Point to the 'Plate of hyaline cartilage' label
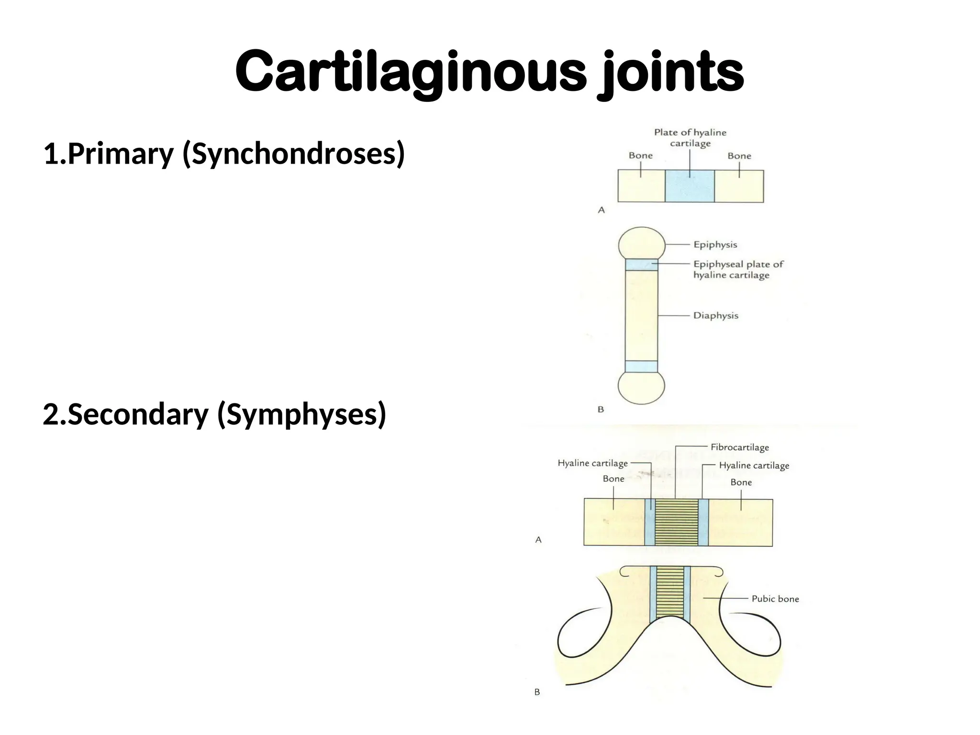pyautogui.click(x=690, y=138)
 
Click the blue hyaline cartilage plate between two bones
pyautogui.click(x=690, y=186)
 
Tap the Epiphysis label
pyautogui.click(x=715, y=245)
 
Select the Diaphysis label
pyautogui.click(x=715, y=316)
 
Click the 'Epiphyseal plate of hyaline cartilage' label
pyautogui.click(x=738, y=269)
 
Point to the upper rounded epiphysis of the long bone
pyautogui.click(x=641, y=243)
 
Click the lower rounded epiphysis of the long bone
pyautogui.click(x=641, y=387)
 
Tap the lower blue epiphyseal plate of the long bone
pyautogui.click(x=641, y=367)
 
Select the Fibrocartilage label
pyautogui.click(x=739, y=447)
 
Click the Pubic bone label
pyautogui.click(x=775, y=599)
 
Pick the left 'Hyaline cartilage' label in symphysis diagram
pyautogui.click(x=592, y=463)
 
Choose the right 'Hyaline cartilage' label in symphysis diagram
pyautogui.click(x=754, y=466)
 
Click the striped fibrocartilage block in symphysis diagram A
pyautogui.click(x=676, y=522)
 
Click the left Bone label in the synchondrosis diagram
pyautogui.click(x=640, y=156)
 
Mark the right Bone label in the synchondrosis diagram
pyautogui.click(x=739, y=156)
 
